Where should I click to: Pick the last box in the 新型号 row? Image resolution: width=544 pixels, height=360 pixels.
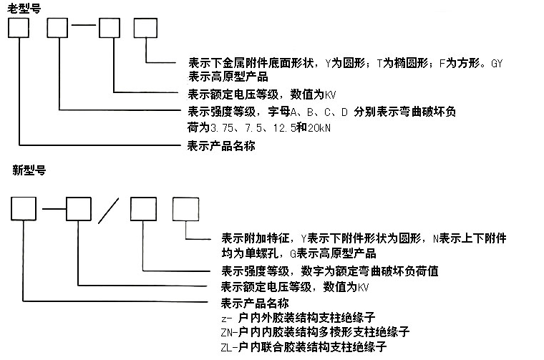[186, 208]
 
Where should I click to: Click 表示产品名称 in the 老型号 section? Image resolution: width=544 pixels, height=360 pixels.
[220, 146]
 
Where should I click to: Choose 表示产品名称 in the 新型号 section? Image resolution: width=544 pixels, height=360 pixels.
[254, 303]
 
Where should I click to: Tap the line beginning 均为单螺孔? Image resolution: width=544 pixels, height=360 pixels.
[298, 253]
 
